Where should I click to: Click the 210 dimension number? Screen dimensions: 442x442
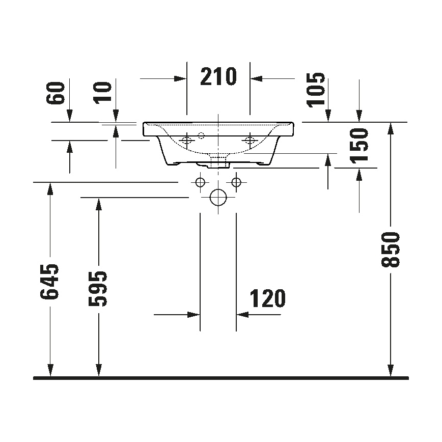pos(218,76)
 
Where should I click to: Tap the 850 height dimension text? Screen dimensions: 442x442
pos(391,250)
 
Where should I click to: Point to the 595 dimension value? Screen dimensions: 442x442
pos(98,289)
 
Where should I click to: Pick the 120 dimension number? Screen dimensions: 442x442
pos(267,299)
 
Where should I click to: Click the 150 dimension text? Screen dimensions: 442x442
pos(360,145)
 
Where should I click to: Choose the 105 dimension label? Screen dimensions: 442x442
pos(316,90)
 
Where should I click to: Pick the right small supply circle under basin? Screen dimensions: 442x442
pos(236,182)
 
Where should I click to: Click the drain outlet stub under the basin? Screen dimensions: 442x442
pos(218,161)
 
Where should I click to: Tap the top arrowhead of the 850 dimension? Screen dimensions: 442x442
pos(391,127)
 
